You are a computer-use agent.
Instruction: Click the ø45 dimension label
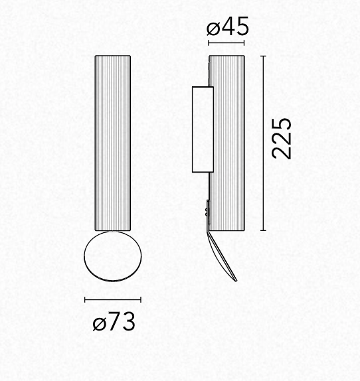pyautogui.click(x=228, y=26)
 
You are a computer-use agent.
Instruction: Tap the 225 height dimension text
pyautogui.click(x=282, y=139)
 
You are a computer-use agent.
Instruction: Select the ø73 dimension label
pyautogui.click(x=114, y=321)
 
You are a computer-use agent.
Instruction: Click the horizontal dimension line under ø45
pyautogui.click(x=226, y=43)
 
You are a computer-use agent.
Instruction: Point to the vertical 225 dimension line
pyautogui.click(x=263, y=143)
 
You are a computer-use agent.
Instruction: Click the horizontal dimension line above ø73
pyautogui.click(x=113, y=299)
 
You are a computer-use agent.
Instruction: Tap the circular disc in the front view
pyautogui.click(x=113, y=256)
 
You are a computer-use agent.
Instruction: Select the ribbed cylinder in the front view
pyautogui.click(x=113, y=143)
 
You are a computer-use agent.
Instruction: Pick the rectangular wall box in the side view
pyautogui.click(x=203, y=129)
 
